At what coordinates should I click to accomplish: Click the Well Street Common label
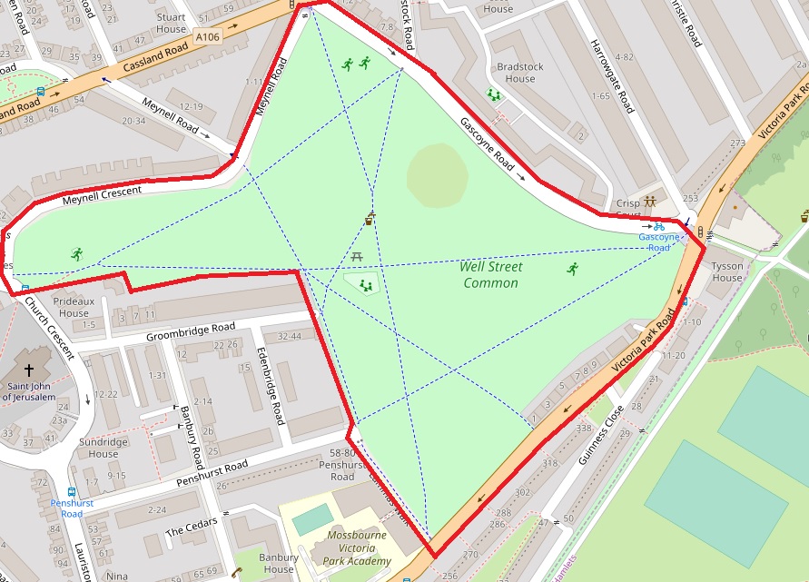(x=490, y=274)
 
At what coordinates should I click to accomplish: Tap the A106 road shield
(x=207, y=37)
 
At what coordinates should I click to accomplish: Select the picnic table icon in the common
(x=357, y=258)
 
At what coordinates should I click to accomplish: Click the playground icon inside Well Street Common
(x=366, y=285)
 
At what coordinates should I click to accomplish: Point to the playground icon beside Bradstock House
(x=494, y=94)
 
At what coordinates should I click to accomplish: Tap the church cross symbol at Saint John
(x=29, y=370)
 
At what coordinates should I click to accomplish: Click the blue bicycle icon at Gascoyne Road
(x=658, y=226)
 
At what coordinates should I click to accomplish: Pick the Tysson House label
(x=726, y=271)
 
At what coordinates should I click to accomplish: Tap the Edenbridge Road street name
(x=271, y=385)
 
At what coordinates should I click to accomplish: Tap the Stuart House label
(x=171, y=23)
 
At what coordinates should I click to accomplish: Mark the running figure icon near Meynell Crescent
(x=76, y=254)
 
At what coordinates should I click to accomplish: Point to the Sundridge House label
(x=104, y=448)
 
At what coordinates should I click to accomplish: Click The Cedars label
(x=188, y=528)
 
